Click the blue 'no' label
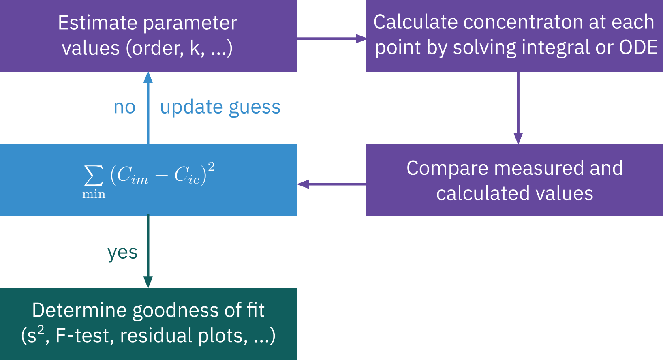pos(124,107)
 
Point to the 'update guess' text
pos(220,107)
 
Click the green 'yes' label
pos(122,252)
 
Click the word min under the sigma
pos(94,195)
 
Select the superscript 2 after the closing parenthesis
pos(211,167)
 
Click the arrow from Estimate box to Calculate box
pos(331,39)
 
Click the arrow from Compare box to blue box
pos(331,184)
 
